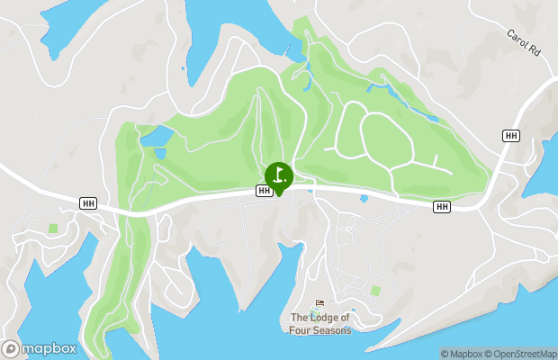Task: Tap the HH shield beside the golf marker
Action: tap(264, 191)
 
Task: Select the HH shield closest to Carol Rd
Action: tap(511, 135)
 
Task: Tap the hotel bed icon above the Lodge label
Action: tap(319, 304)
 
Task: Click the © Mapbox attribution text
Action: tap(462, 353)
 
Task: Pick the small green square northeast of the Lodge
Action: tap(375, 290)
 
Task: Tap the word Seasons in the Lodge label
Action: tap(330, 329)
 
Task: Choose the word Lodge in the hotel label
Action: tap(328, 317)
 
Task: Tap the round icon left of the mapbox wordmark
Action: tap(10, 348)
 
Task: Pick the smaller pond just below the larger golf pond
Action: tap(159, 154)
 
